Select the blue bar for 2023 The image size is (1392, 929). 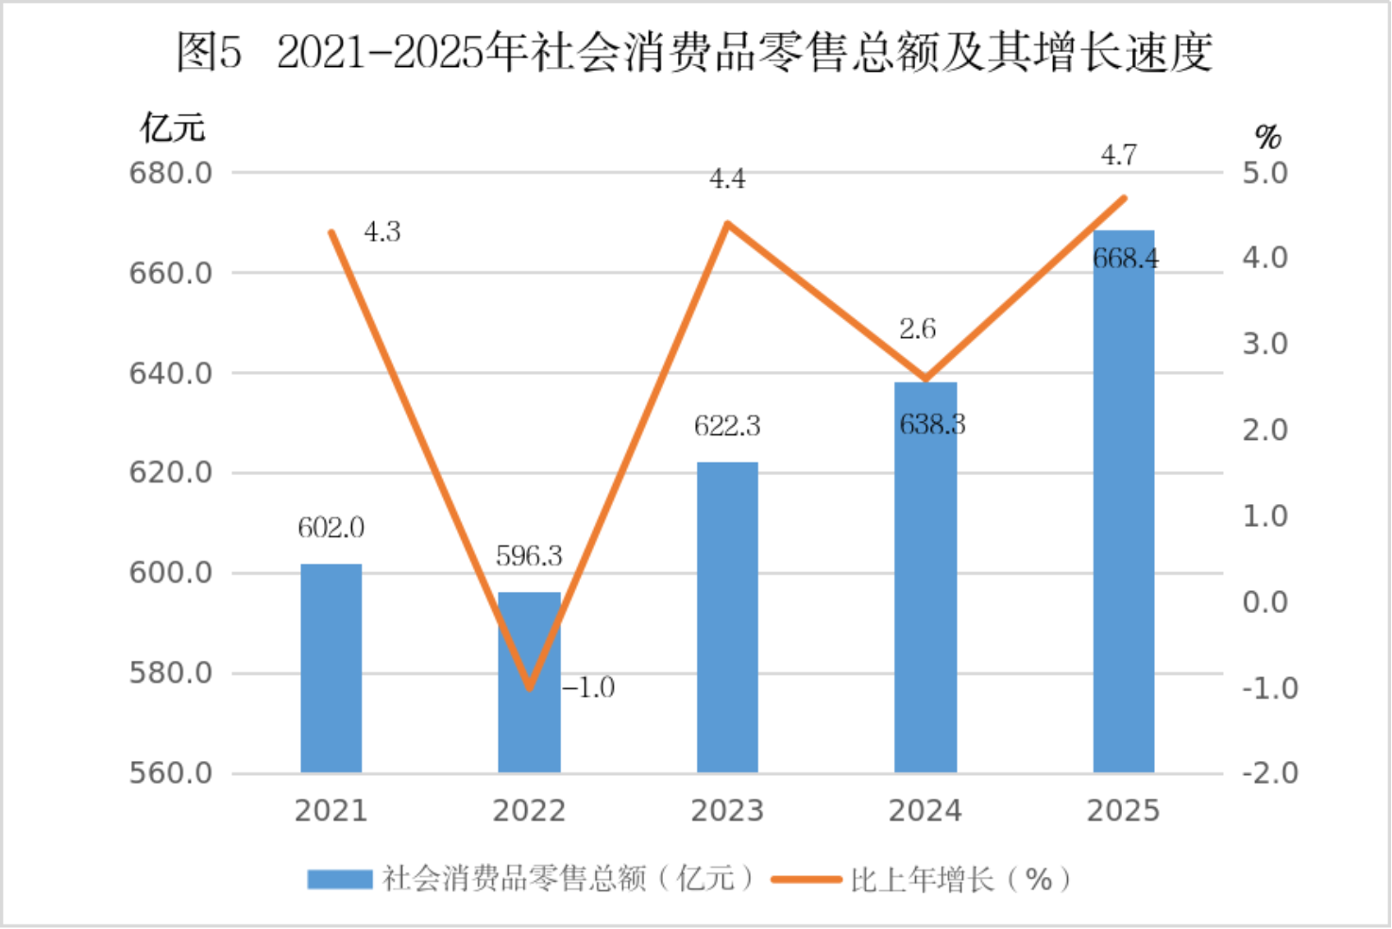[x=727, y=617]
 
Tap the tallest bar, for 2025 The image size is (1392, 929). [x=1124, y=501]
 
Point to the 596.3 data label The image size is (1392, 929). [x=529, y=556]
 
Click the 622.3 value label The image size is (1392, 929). [x=727, y=427]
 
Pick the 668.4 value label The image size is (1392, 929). [x=1126, y=258]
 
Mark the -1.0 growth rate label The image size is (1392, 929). [x=588, y=687]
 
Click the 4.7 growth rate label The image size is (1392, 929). [x=1119, y=155]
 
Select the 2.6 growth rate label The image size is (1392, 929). [x=917, y=329]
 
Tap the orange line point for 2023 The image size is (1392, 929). [x=727, y=224]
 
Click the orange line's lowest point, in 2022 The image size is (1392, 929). [x=530, y=687]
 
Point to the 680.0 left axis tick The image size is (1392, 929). [x=171, y=173]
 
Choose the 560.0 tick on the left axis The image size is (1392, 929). [x=171, y=773]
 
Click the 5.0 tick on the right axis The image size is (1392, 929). [x=1265, y=173]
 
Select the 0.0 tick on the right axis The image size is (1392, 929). [x=1265, y=601]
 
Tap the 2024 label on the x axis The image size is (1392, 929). [x=925, y=811]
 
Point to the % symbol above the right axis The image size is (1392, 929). [x=1267, y=138]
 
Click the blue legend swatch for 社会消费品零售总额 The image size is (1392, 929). [x=340, y=880]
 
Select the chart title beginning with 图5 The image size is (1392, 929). [x=695, y=52]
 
